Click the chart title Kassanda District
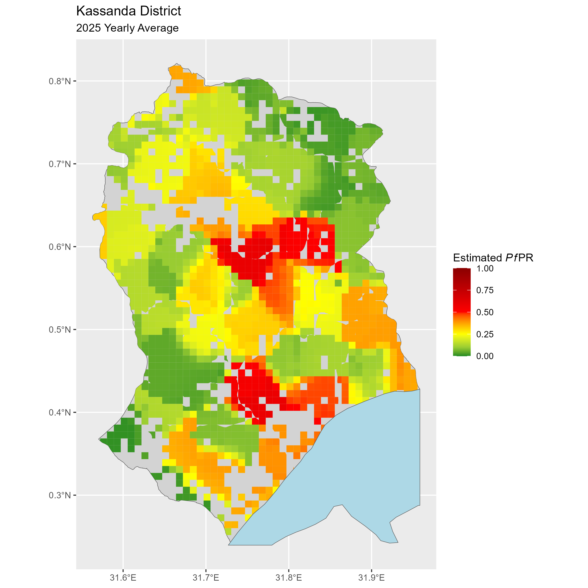(128, 11)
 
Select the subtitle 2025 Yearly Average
(127, 28)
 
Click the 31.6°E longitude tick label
(123, 578)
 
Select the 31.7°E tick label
(206, 578)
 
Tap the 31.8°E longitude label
(289, 578)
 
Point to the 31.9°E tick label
(371, 578)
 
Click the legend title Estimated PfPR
(493, 258)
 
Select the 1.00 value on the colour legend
(485, 269)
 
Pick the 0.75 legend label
(485, 290)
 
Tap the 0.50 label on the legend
(485, 312)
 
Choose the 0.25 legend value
(485, 334)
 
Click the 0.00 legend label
(485, 356)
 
